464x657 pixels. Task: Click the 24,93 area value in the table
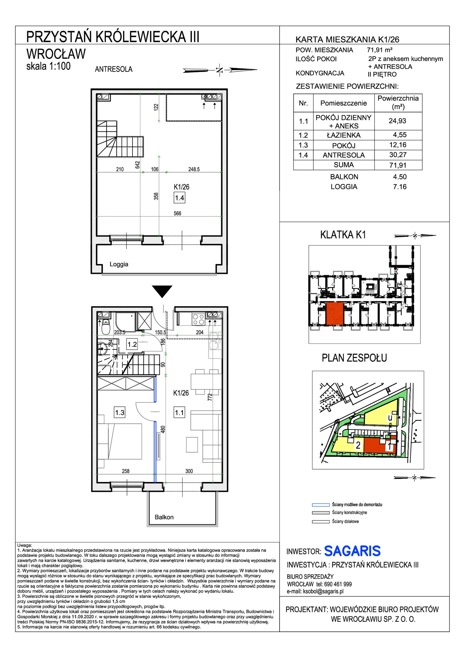tap(397, 121)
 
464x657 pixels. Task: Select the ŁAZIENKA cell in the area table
tap(344, 135)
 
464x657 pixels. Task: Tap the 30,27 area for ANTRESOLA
tap(398, 155)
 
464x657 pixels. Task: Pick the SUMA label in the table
tap(344, 165)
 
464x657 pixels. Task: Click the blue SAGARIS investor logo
tap(352, 551)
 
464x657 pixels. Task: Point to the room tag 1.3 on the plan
tap(119, 412)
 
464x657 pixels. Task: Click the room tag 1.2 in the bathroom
tap(132, 344)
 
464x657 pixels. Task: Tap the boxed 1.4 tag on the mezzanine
tap(180, 198)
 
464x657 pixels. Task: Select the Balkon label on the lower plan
tap(164, 517)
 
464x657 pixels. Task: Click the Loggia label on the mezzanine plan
tap(119, 264)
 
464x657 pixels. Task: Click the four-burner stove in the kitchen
tap(199, 319)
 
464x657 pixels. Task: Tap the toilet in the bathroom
tap(106, 327)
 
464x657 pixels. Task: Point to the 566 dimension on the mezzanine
tap(177, 213)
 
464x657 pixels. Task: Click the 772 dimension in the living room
tap(210, 397)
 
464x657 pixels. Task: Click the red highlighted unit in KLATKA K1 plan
tap(335, 313)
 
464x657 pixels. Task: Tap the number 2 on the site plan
tap(358, 445)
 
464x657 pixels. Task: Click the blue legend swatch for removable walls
tap(321, 505)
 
